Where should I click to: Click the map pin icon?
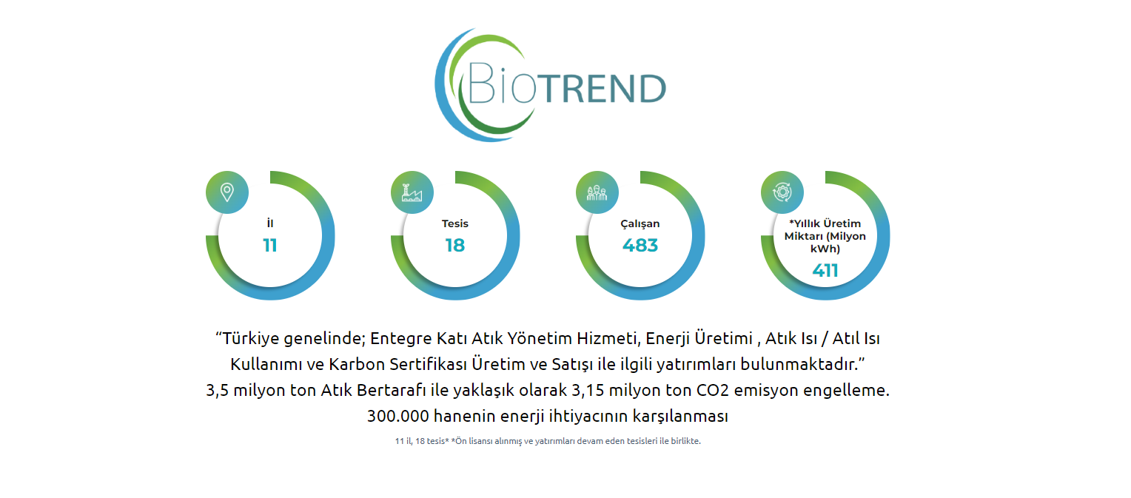(x=227, y=192)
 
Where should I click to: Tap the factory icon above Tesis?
(x=412, y=192)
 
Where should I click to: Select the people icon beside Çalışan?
(x=597, y=192)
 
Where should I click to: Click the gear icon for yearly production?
(x=782, y=192)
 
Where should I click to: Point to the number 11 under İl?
(x=269, y=245)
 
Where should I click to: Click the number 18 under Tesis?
(x=454, y=245)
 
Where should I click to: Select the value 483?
(x=640, y=245)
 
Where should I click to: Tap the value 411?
(x=825, y=270)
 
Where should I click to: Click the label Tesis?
(x=455, y=223)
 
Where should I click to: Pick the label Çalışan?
(x=640, y=224)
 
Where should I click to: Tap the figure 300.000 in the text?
(x=398, y=416)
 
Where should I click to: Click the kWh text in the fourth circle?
(x=825, y=249)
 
